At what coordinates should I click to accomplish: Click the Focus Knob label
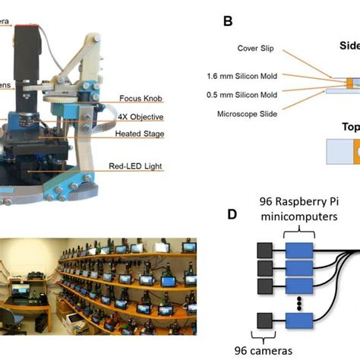coord(140,98)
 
